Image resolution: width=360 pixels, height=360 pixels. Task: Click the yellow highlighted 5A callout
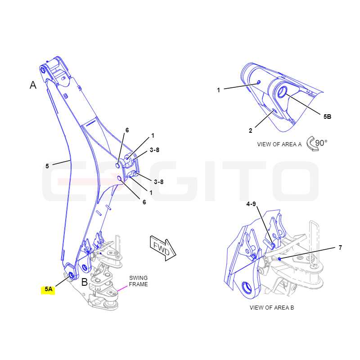coord(48,289)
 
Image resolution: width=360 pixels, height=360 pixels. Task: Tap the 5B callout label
coord(327,117)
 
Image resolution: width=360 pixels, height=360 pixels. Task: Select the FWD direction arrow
coord(163,249)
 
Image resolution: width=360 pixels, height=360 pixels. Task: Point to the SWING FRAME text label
coord(138,281)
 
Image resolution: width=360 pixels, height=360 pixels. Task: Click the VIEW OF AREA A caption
coord(279,144)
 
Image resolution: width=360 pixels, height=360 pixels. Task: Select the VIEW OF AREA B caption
coord(272,308)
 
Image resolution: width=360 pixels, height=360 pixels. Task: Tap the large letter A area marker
coord(33,85)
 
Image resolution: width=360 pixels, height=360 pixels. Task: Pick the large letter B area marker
coord(85,282)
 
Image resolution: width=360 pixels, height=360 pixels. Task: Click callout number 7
coord(340,247)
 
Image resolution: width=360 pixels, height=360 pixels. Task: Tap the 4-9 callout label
coord(251,204)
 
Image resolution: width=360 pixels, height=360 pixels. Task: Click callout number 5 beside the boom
coord(47,166)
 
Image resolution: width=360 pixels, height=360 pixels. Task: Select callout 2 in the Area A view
coord(251,130)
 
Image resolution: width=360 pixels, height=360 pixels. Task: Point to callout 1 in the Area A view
coord(218,90)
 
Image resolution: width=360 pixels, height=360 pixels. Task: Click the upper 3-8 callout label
coord(154,150)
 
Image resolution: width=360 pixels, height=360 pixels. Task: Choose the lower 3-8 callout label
coord(158,182)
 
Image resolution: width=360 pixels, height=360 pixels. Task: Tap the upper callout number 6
coord(127,130)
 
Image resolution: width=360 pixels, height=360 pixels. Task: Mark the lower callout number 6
coord(144,202)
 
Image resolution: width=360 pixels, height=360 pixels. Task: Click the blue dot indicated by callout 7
coord(279,259)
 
